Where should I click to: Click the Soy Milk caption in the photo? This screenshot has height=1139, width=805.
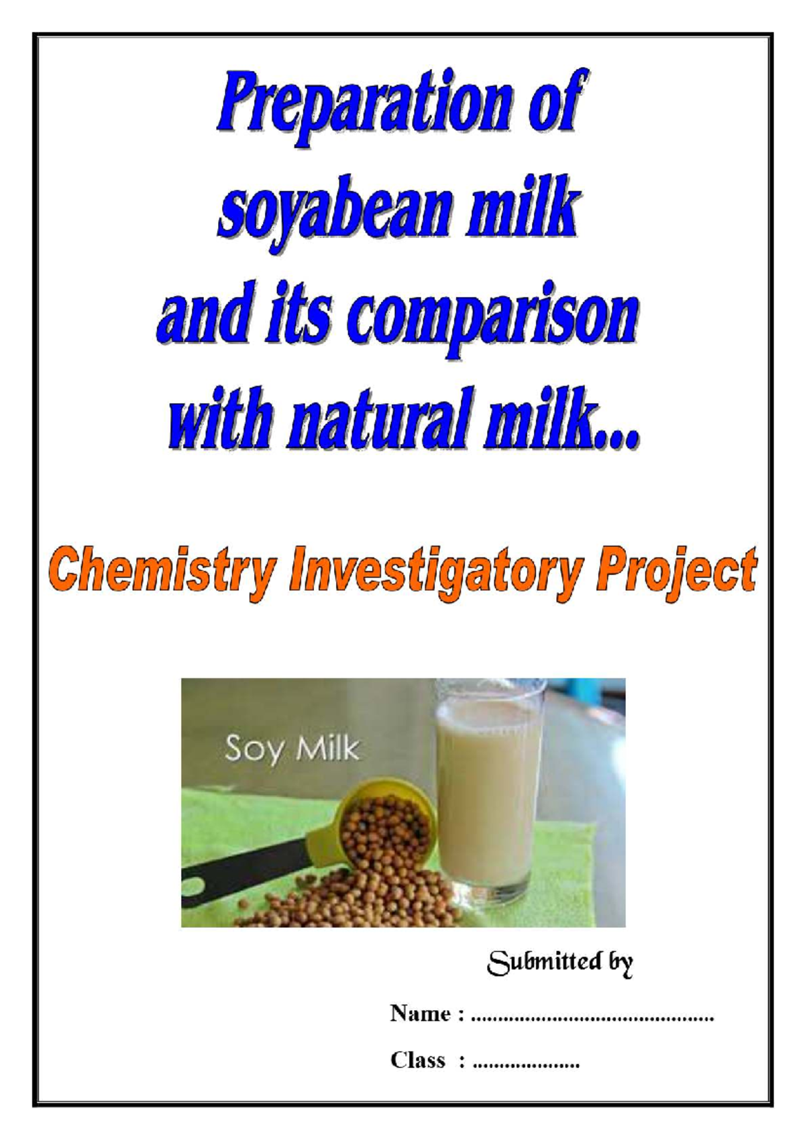[x=292, y=749]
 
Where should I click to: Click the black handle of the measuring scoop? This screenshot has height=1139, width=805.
[x=241, y=865]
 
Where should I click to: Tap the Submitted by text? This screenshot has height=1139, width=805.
[x=559, y=963]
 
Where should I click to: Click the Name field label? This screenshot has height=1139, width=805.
[x=421, y=1013]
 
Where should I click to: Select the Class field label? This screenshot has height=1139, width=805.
[x=418, y=1060]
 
